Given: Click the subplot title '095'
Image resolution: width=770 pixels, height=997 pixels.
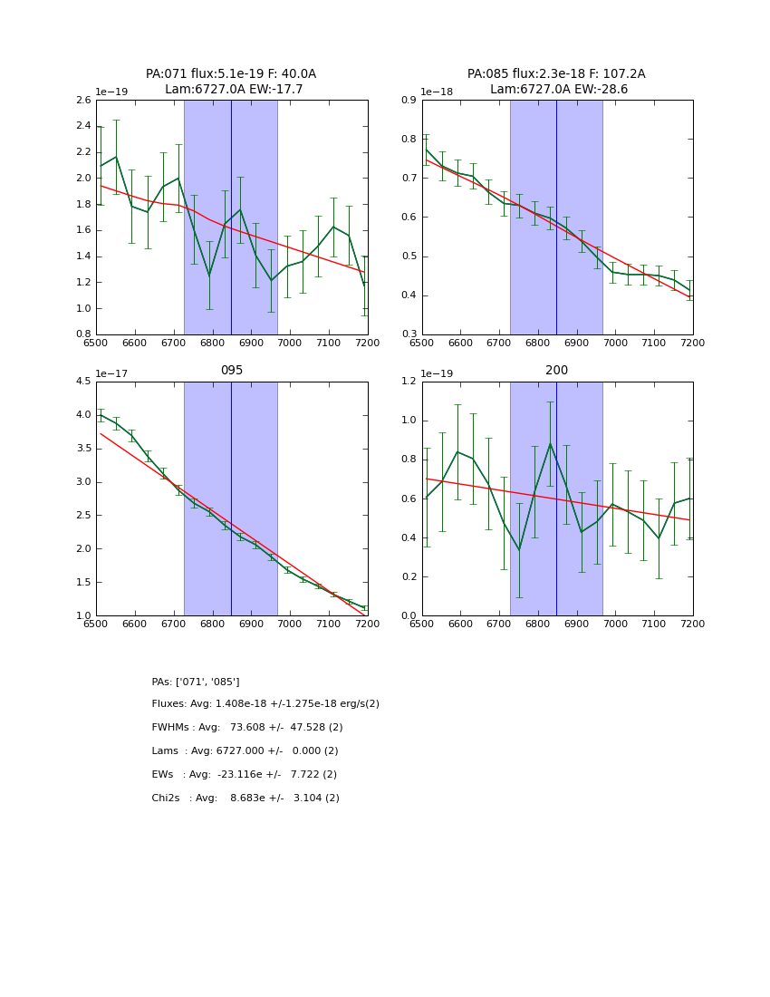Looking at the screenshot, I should (232, 371).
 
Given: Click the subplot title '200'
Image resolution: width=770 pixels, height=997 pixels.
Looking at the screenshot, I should (556, 371).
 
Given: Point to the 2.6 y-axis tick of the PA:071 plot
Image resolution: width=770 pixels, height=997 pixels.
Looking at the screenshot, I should (83, 101).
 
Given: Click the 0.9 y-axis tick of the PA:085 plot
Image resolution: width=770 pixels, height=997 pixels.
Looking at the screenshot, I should (409, 101).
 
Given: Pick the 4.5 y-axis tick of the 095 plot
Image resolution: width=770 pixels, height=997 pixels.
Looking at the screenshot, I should (83, 382).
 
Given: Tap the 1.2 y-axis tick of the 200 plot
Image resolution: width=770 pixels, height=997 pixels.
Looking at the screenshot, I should (409, 382).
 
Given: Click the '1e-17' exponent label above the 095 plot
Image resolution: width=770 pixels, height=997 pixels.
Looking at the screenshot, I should (112, 373).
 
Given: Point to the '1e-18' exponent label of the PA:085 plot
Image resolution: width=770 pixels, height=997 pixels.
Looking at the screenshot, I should (437, 92).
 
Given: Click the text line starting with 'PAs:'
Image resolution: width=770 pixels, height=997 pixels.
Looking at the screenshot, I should (196, 682).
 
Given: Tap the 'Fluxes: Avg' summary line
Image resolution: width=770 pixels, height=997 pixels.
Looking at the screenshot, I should (265, 704).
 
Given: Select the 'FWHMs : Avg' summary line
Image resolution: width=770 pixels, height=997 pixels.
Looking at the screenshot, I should (247, 728).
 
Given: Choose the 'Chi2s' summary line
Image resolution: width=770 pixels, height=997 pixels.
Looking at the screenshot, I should (245, 799).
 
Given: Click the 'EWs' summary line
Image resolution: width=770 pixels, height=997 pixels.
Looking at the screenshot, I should (245, 775).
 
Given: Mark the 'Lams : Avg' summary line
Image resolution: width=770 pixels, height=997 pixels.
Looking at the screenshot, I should (245, 751).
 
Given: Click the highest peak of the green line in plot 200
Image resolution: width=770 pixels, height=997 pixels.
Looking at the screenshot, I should (550, 443).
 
